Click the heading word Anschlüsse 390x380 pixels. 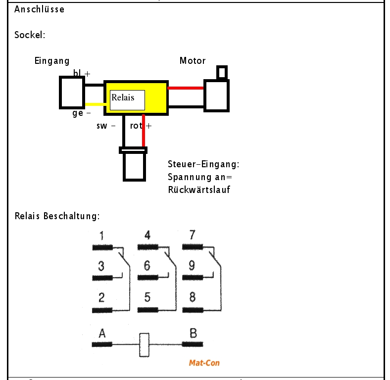pos(39,9)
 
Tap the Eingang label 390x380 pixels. pos(52,61)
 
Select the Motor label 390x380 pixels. pos(193,61)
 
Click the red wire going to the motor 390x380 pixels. pos(186,88)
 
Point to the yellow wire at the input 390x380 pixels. pos(94,104)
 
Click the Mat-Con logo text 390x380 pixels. pos(204,363)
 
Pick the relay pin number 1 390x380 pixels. pos(101,236)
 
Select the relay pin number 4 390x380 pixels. pos(147,236)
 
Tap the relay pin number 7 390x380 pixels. pos(192,236)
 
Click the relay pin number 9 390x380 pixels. pos(192,266)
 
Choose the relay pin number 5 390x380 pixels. pos(147,297)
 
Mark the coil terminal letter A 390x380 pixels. pos(102,333)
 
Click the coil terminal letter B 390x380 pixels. pos(193,333)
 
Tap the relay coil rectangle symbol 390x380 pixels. pos(144,345)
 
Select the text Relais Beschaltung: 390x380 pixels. pos(57,216)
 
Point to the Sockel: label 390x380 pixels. pos(30,36)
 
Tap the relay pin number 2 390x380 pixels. pos(101,297)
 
